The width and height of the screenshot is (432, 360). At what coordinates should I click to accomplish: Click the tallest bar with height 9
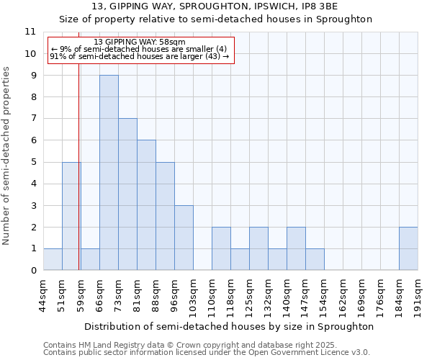[x=109, y=173]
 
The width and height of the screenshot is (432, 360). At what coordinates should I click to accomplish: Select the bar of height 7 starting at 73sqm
[x=127, y=194]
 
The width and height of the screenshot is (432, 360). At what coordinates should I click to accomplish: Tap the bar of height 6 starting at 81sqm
[x=146, y=205]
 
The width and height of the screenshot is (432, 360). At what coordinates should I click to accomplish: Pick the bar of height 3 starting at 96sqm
[x=184, y=238]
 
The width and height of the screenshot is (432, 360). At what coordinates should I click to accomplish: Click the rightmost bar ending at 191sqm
[x=408, y=248]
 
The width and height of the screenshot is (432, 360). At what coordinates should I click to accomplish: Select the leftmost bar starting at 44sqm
[x=53, y=259]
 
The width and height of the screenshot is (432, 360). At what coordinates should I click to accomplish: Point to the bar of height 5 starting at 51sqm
[x=71, y=216]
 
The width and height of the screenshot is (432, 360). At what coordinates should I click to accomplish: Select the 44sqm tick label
[x=44, y=292]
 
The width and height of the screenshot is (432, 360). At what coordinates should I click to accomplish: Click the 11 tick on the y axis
[x=30, y=32]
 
